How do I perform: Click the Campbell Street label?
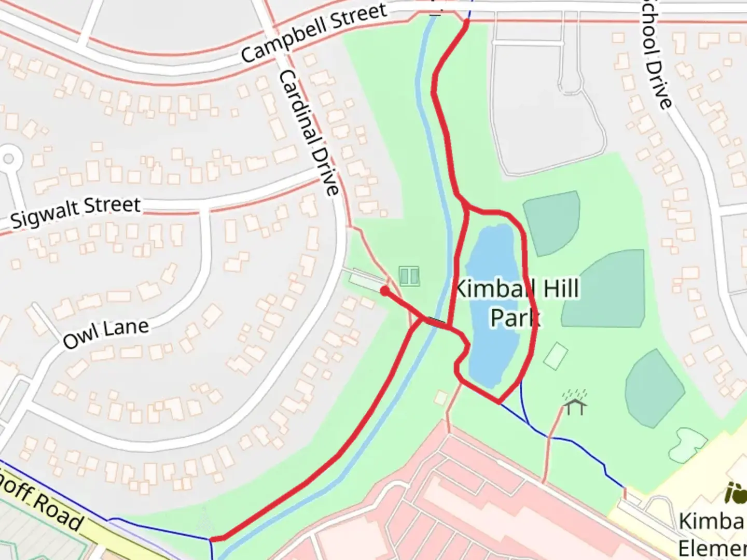click(x=314, y=32)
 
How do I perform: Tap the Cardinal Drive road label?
click(x=310, y=133)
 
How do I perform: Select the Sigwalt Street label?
click(x=76, y=212)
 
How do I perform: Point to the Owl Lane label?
click(x=106, y=334)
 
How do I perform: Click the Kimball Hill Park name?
click(x=516, y=303)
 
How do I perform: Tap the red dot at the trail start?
click(x=384, y=291)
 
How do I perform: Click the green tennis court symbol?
click(x=409, y=276)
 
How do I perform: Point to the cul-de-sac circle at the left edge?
click(x=8, y=158)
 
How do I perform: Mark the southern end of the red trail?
click(x=213, y=539)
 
